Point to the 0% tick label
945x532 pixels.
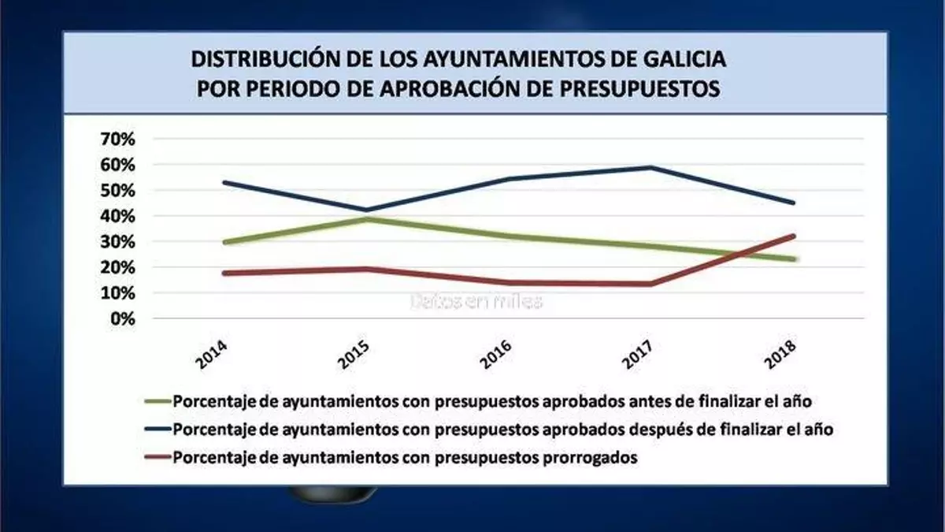pyautogui.click(x=123, y=319)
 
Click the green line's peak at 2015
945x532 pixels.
pyautogui.click(x=365, y=219)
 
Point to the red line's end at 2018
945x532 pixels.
pyautogui.click(x=794, y=236)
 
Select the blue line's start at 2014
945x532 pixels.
pyautogui.click(x=224, y=182)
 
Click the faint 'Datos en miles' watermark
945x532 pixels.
pyautogui.click(x=476, y=301)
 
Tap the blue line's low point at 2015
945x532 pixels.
pyautogui.click(x=365, y=210)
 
